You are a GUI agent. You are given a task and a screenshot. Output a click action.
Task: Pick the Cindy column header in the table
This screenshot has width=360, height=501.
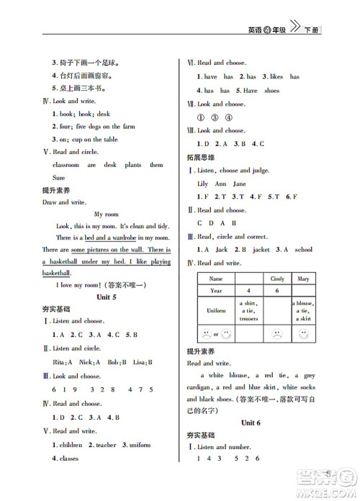276,278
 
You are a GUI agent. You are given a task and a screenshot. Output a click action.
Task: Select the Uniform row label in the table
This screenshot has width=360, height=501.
216,310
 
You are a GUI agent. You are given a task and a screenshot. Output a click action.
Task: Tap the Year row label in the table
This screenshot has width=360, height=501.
216,291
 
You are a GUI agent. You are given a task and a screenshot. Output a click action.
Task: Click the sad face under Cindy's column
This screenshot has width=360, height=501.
276,333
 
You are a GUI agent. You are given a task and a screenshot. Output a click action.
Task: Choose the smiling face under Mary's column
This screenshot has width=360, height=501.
305,333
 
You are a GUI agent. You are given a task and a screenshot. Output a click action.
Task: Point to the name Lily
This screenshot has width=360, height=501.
203,184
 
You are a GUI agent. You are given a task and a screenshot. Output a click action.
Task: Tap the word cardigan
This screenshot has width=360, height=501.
203,387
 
